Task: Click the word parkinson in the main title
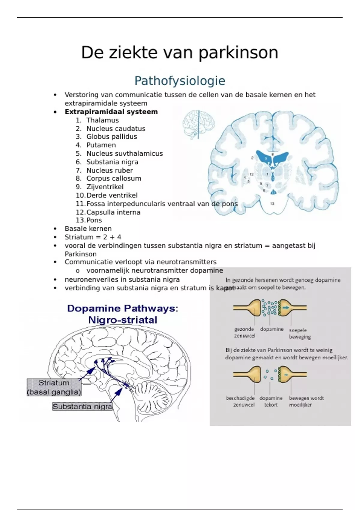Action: coord(238,53)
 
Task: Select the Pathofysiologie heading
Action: coord(180,81)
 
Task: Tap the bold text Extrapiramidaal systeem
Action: coord(111,112)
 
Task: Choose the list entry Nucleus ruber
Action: coord(109,170)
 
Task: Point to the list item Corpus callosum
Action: coord(114,178)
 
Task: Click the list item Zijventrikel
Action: coord(105,187)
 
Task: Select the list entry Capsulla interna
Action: coord(113,212)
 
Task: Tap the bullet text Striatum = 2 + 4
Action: coord(93,237)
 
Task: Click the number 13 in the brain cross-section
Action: coord(272,204)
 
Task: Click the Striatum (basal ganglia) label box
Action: coord(54,387)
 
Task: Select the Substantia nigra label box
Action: coord(82,407)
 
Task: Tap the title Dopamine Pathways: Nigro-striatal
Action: coord(122,314)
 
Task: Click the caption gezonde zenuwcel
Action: coord(244,332)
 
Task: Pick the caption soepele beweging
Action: coord(299,333)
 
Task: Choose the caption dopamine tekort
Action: coord(271,401)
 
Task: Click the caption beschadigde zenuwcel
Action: coord(241,401)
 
